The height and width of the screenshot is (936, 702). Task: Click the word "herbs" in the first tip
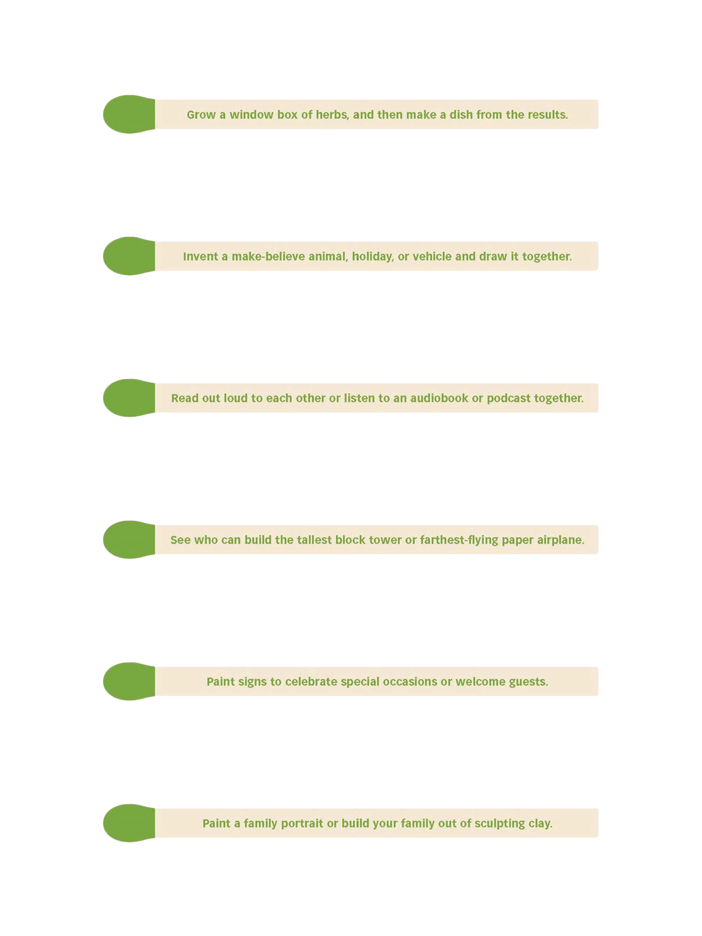332,115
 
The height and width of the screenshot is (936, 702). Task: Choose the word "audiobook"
439,398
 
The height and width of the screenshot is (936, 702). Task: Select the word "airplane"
560,540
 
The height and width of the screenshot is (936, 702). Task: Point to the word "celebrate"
312,681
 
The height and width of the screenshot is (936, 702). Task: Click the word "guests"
528,681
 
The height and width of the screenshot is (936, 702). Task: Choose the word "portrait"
302,824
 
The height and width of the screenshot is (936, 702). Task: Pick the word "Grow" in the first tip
201,115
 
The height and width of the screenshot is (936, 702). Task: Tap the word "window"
251,115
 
